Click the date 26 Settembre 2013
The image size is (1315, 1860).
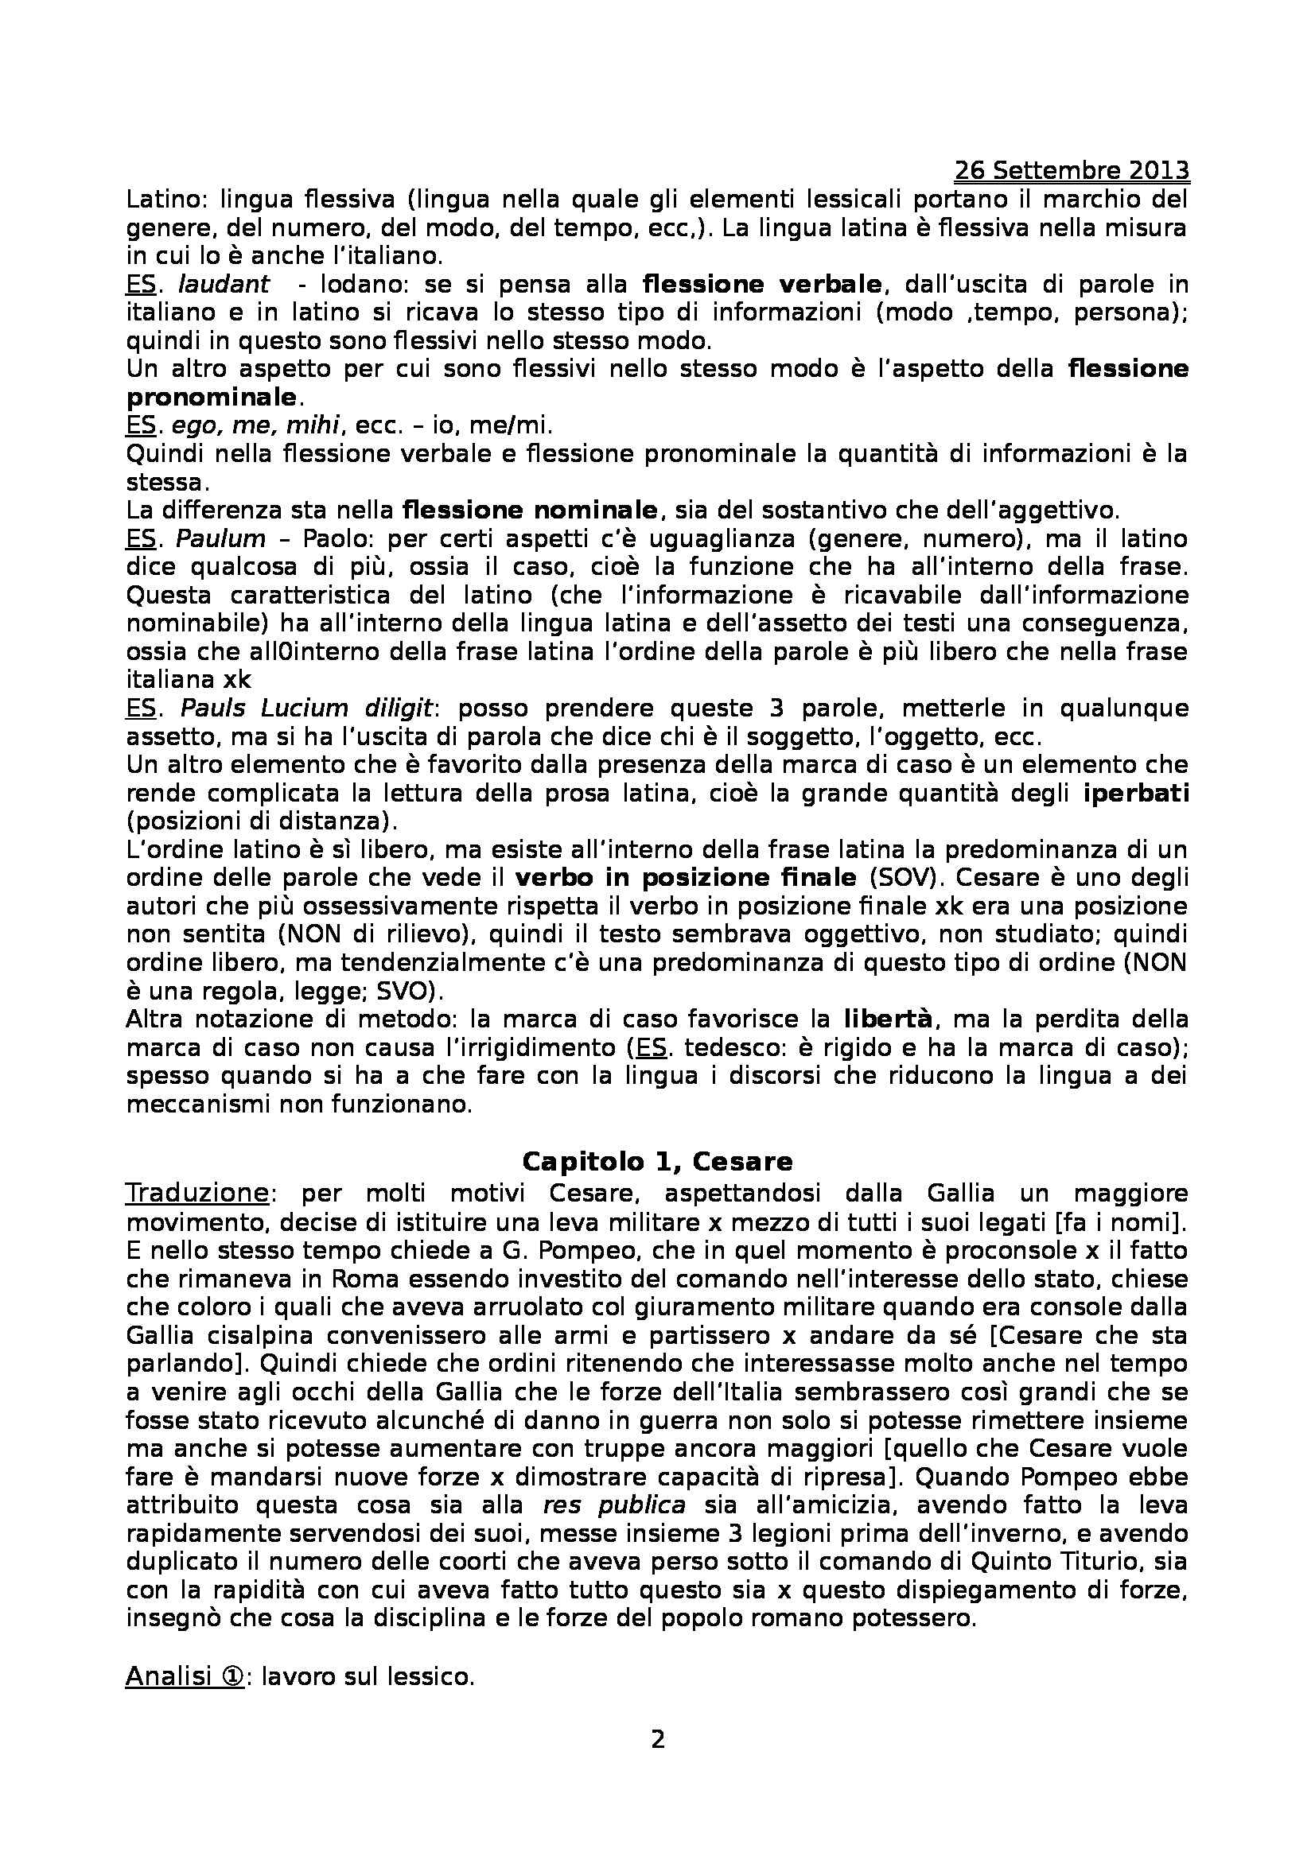click(x=1071, y=171)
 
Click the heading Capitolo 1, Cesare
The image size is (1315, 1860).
click(x=657, y=1161)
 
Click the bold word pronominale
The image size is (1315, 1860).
click(x=212, y=397)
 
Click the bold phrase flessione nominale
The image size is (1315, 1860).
click(x=530, y=511)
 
